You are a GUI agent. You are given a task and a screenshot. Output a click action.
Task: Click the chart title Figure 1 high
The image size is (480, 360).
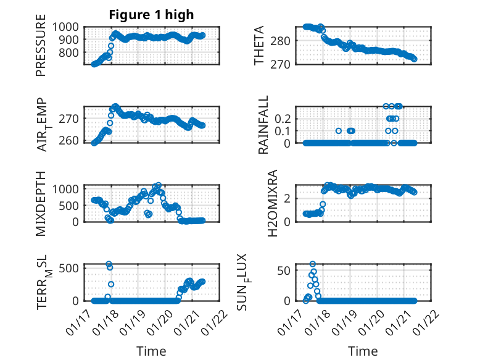[151, 15]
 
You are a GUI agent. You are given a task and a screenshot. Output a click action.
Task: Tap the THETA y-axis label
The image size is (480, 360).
[260, 46]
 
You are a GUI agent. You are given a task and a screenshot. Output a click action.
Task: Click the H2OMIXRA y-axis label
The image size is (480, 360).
[263, 203]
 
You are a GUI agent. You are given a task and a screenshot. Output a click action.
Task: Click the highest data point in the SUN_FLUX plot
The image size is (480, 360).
[313, 264]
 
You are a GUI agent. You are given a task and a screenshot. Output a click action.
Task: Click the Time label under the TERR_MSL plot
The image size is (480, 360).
[151, 351]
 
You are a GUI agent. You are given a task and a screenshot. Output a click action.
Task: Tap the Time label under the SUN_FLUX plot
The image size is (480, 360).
[363, 351]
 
